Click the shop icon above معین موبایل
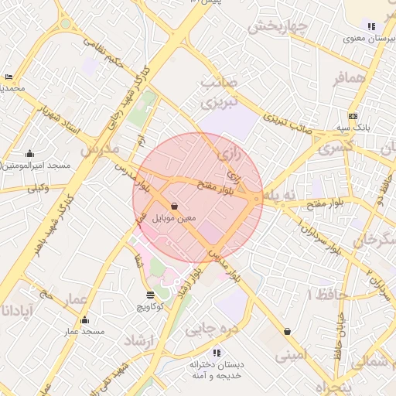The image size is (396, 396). coord(175,207)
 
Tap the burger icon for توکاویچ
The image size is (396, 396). coord(150,295)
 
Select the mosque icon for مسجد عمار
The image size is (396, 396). coord(84,319)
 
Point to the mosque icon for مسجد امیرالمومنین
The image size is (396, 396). coord(29,153)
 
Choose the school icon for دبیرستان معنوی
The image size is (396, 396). coord(371,26)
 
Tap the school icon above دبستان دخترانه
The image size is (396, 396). coord(217,352)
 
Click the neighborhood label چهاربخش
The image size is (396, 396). coord(278,25)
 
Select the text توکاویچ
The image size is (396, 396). coord(150,307)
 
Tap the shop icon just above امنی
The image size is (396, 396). coord(288,332)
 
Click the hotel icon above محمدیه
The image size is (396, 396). coord(9,77)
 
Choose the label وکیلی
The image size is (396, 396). coord(38,187)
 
